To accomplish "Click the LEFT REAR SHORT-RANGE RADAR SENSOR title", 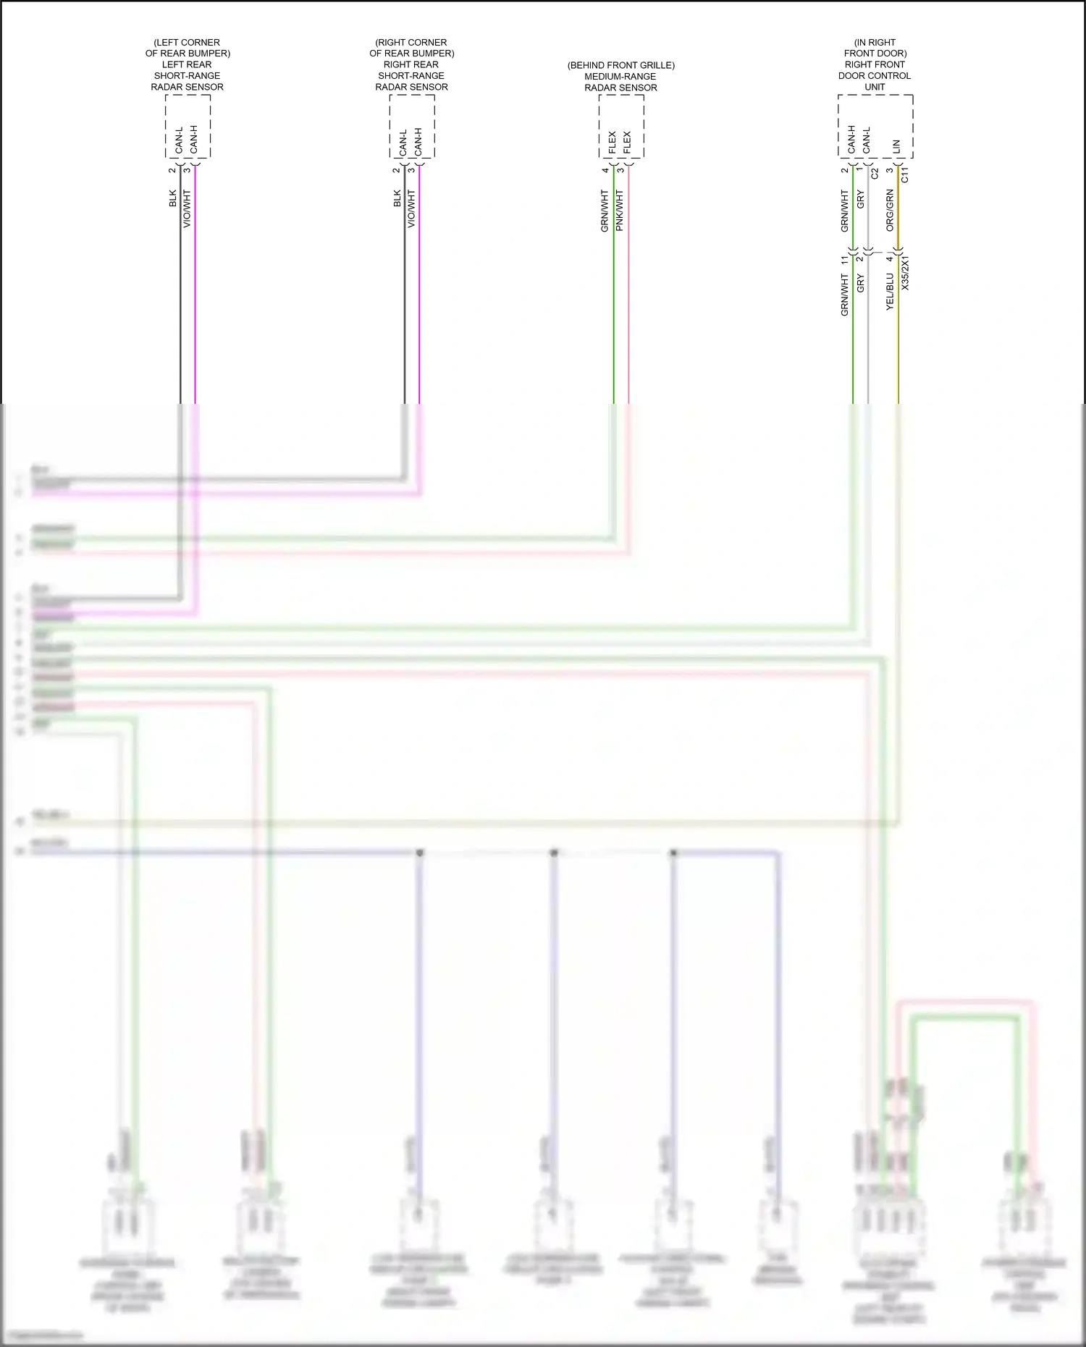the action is pyautogui.click(x=187, y=64).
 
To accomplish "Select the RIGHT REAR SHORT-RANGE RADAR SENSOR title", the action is pyautogui.click(x=411, y=64).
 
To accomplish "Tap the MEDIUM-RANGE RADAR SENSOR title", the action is pyautogui.click(x=620, y=77).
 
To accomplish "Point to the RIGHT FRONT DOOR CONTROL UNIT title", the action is pyautogui.click(x=875, y=64).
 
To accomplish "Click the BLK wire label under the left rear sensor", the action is pyautogui.click(x=173, y=198).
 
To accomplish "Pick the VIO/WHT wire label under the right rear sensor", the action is pyautogui.click(x=412, y=209).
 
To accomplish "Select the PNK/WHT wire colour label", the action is pyautogui.click(x=620, y=211).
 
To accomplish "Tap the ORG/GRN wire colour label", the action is pyautogui.click(x=890, y=211).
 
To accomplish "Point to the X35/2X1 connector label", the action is pyautogui.click(x=905, y=273).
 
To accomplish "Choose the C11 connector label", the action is pyautogui.click(x=904, y=174).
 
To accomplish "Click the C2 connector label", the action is pyautogui.click(x=875, y=173).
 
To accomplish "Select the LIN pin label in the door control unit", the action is pyautogui.click(x=897, y=146).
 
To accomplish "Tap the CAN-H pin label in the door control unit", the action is pyautogui.click(x=851, y=140).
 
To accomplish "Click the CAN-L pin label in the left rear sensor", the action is pyautogui.click(x=179, y=142).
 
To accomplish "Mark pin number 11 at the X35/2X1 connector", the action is pyautogui.click(x=844, y=259).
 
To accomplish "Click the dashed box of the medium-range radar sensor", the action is pyautogui.click(x=621, y=127).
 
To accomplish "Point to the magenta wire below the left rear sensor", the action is pyautogui.click(x=195, y=290).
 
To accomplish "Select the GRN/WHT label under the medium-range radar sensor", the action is pyautogui.click(x=605, y=211).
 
